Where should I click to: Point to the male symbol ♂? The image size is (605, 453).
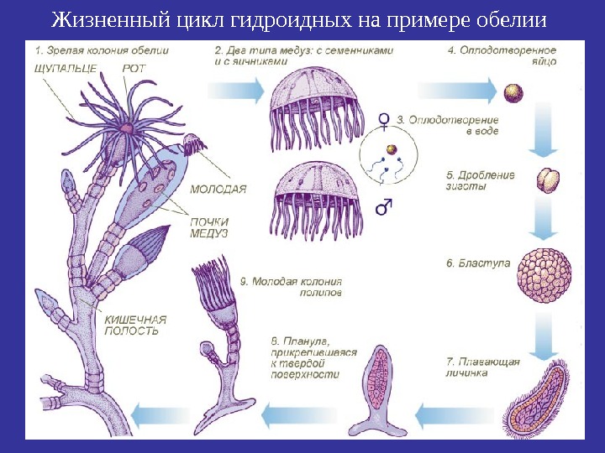tap(385, 205)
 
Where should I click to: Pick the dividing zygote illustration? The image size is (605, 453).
tap(549, 180)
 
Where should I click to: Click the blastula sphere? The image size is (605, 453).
tap(546, 274)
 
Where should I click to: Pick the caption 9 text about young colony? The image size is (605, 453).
tap(290, 288)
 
